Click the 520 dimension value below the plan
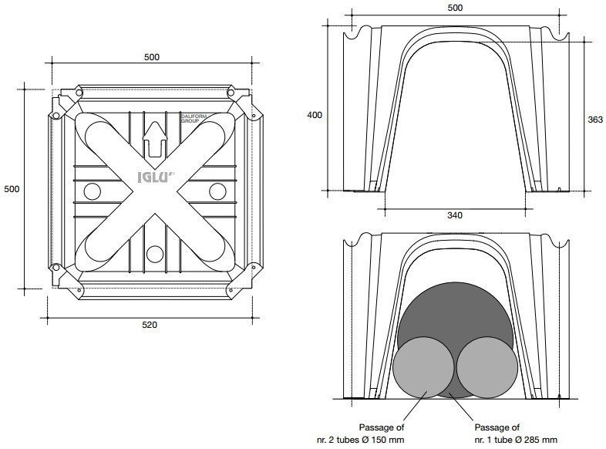coord(150,325)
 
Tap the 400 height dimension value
coord(315,115)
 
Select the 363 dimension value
coord(595,120)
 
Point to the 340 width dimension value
coord(455,215)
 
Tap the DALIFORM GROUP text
coord(194,118)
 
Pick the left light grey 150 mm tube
coord(423,367)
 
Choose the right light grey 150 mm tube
coord(487,367)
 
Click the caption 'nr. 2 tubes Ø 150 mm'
coord(360,440)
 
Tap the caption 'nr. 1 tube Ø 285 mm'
coord(516,440)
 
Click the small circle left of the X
coord(93,191)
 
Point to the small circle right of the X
coord(217,191)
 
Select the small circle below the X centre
coord(155,254)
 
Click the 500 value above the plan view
coord(151,57)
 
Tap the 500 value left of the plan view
coord(12,189)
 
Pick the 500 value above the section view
coord(455,8)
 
